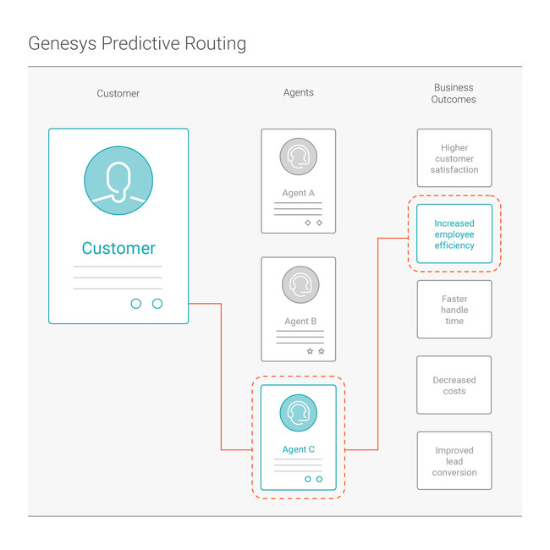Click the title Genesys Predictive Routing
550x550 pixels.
[x=137, y=43]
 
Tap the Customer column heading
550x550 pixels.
[x=118, y=93]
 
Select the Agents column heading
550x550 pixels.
[x=298, y=93]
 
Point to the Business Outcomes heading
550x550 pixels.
[x=454, y=93]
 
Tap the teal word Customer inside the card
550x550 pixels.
[x=118, y=248]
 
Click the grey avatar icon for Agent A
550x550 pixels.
[x=298, y=157]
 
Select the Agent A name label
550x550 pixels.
[x=298, y=193]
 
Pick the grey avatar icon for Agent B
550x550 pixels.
[x=298, y=285]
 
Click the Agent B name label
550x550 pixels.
[x=298, y=322]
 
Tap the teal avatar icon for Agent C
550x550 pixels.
[x=298, y=413]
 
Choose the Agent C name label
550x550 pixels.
[x=298, y=449]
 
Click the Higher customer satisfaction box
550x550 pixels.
[x=454, y=158]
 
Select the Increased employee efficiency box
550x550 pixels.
[x=454, y=234]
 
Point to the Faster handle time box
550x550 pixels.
[x=454, y=310]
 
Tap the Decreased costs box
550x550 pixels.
[x=454, y=385]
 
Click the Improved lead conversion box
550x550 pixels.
[x=454, y=461]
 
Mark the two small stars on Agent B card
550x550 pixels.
[x=315, y=351]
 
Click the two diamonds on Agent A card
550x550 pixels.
[x=313, y=223]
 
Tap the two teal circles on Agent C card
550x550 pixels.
[x=313, y=479]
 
